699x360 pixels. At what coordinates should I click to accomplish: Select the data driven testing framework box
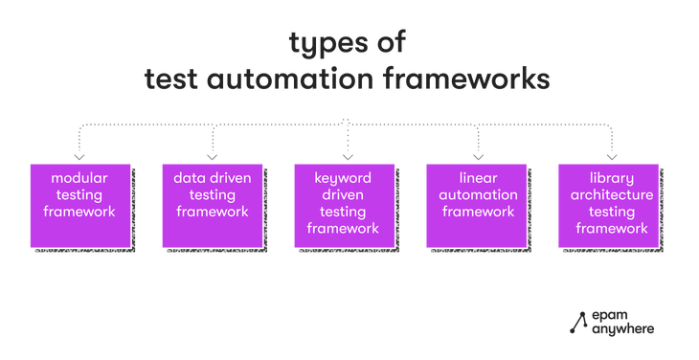(212, 206)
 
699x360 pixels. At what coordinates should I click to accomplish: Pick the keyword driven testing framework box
(343, 206)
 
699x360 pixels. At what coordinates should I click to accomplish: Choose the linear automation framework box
(476, 206)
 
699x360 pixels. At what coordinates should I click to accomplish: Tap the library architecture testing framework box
(607, 206)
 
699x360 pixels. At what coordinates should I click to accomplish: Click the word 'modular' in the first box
(79, 178)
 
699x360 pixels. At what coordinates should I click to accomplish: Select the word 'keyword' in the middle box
(343, 178)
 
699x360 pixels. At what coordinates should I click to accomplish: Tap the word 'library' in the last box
(610, 178)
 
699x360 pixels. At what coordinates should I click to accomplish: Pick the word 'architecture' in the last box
(610, 194)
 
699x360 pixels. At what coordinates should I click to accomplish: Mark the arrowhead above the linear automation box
(477, 155)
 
